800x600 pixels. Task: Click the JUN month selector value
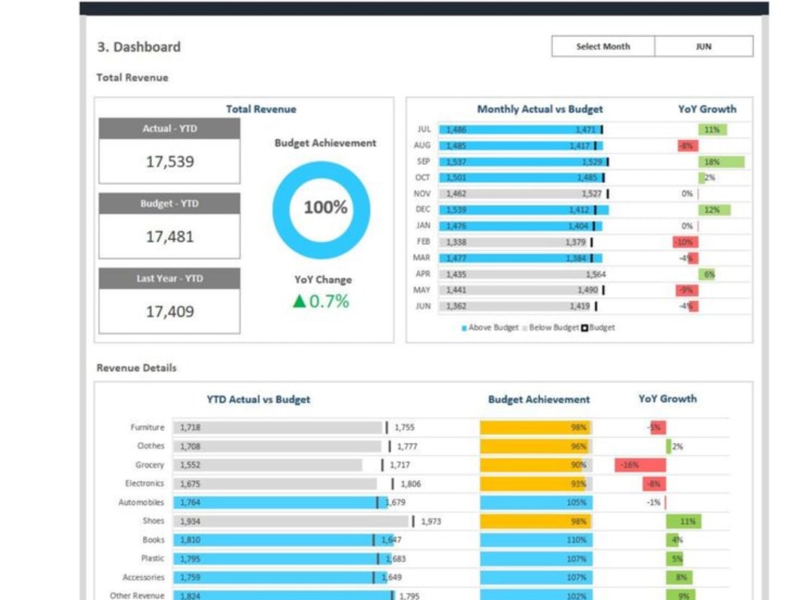coord(703,46)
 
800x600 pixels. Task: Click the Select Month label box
coord(603,46)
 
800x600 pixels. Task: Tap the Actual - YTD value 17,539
coord(170,162)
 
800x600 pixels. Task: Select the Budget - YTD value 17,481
coord(170,237)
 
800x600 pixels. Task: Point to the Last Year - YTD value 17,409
coord(170,312)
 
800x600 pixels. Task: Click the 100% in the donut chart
coord(326,208)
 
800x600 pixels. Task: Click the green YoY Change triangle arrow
coord(299,302)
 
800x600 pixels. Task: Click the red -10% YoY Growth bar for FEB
coord(685,242)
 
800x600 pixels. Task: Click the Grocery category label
coord(150,465)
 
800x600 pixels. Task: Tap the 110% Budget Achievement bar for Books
coord(535,540)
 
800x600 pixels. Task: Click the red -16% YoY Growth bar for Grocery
coord(640,465)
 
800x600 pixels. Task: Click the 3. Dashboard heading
coord(138,47)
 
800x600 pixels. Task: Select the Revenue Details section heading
coord(137,368)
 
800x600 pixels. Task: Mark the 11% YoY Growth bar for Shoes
coord(683,522)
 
